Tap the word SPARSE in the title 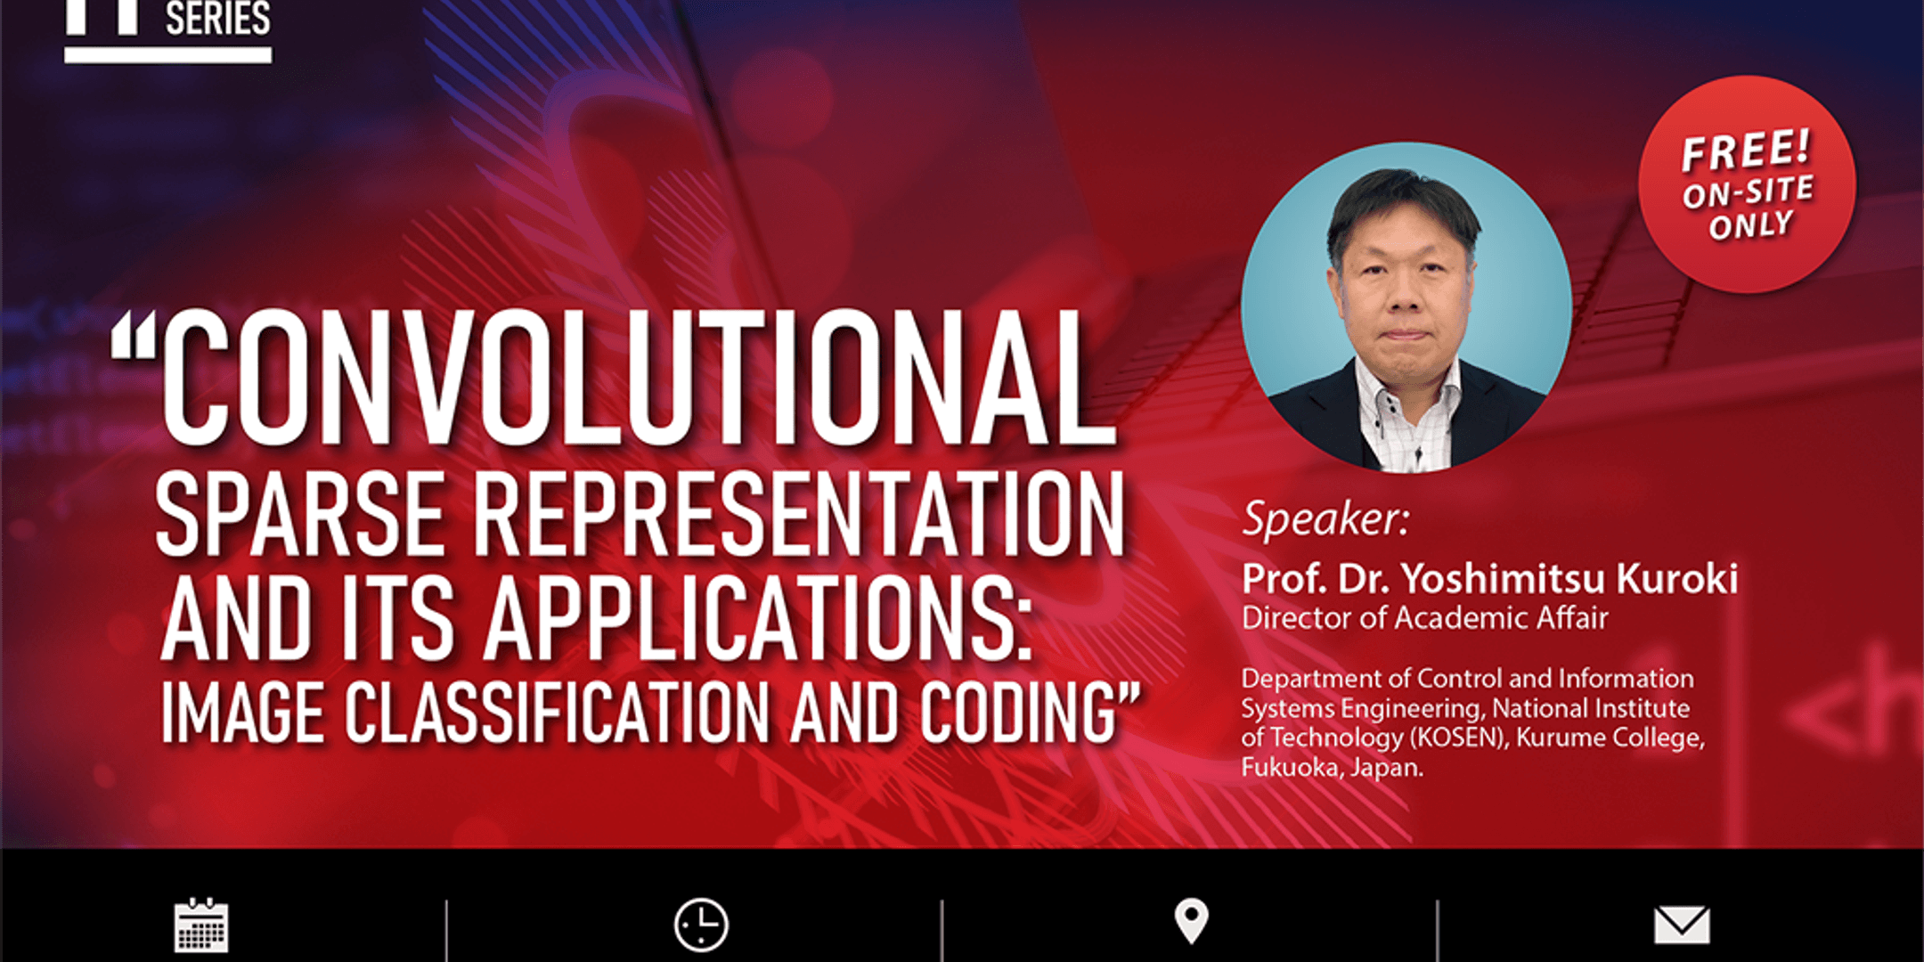pyautogui.click(x=301, y=514)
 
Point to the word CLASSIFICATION pyautogui.click(x=558, y=713)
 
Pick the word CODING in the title pyautogui.click(x=1018, y=713)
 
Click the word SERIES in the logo pyautogui.click(x=218, y=18)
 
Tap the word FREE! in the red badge pyautogui.click(x=1746, y=150)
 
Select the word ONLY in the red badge pyautogui.click(x=1750, y=224)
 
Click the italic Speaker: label pyautogui.click(x=1326, y=518)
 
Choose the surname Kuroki pyautogui.click(x=1677, y=579)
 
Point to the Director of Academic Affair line pyautogui.click(x=1425, y=618)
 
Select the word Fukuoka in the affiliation pyautogui.click(x=1292, y=767)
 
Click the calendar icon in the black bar pyautogui.click(x=201, y=925)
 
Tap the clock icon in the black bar pyautogui.click(x=701, y=925)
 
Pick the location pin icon pyautogui.click(x=1192, y=921)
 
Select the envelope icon pyautogui.click(x=1682, y=925)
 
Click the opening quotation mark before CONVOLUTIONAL pyautogui.click(x=133, y=338)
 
